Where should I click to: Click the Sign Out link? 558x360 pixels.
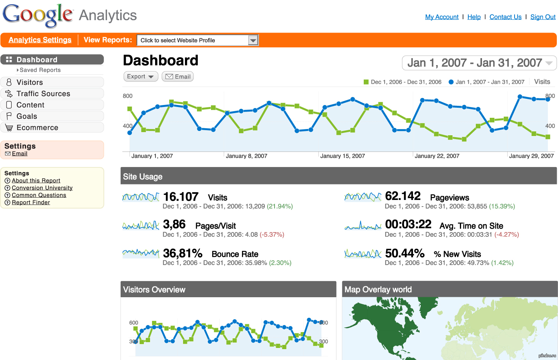pyautogui.click(x=542, y=17)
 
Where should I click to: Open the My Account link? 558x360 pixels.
pyautogui.click(x=442, y=17)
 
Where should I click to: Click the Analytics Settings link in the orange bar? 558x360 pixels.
pyautogui.click(x=40, y=40)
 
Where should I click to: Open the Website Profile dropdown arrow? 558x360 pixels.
pyautogui.click(x=253, y=40)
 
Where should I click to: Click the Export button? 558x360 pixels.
pyautogui.click(x=140, y=76)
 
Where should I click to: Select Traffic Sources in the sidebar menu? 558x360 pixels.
pyautogui.click(x=43, y=94)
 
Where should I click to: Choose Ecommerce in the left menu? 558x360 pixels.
pyautogui.click(x=37, y=127)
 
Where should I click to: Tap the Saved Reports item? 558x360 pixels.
pyautogui.click(x=40, y=70)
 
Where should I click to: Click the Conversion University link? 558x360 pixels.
pyautogui.click(x=42, y=188)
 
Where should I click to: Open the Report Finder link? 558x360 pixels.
pyautogui.click(x=31, y=202)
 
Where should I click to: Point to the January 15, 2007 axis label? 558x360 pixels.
pyautogui.click(x=342, y=156)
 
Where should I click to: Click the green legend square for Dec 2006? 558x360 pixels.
pyautogui.click(x=366, y=82)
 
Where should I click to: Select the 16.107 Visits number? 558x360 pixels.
pyautogui.click(x=181, y=197)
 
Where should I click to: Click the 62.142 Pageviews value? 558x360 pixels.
pyautogui.click(x=403, y=196)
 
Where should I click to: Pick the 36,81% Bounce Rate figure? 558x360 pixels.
pyautogui.click(x=183, y=253)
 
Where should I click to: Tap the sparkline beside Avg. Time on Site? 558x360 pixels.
pyautogui.click(x=363, y=226)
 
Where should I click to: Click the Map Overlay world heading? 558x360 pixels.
pyautogui.click(x=378, y=289)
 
